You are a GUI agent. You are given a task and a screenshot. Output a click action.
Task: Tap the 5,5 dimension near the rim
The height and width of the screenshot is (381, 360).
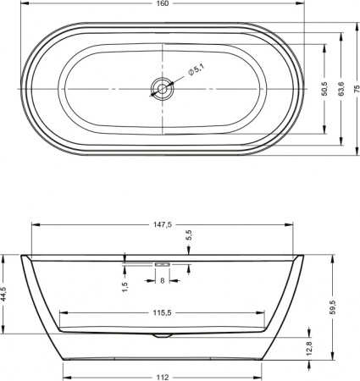click(188, 237)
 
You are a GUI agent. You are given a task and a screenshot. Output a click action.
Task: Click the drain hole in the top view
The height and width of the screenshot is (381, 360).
click(160, 86)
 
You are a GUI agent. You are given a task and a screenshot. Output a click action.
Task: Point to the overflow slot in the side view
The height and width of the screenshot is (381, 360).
click(162, 263)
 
